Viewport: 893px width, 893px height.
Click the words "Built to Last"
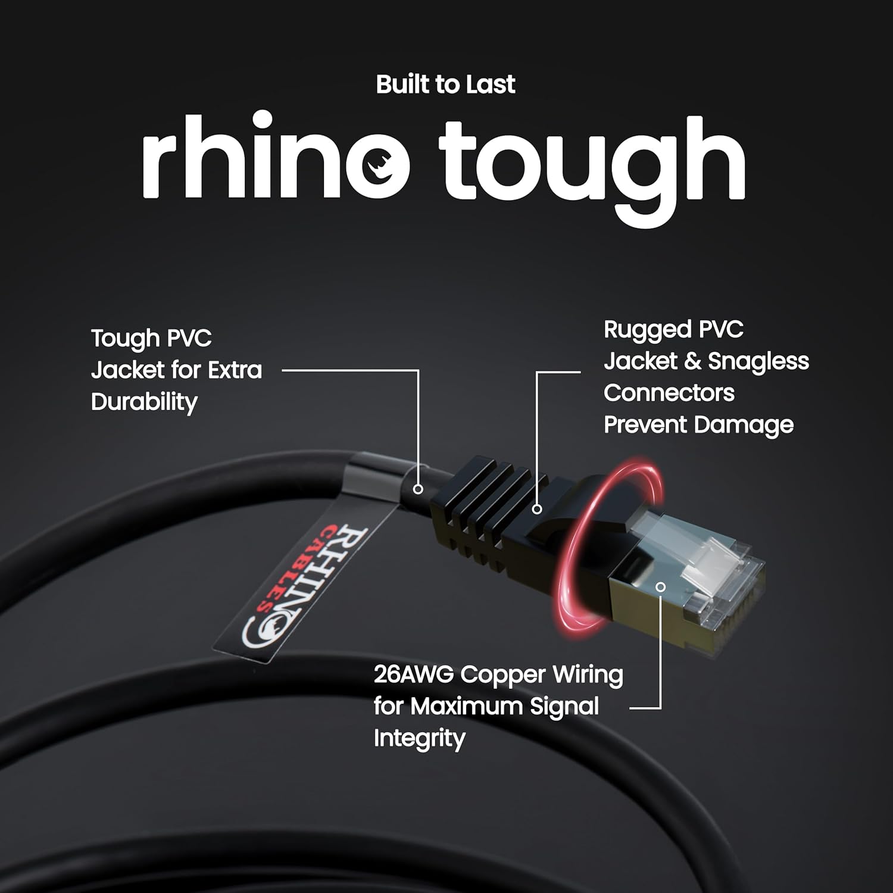(x=445, y=85)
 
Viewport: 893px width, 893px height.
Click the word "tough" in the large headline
(x=592, y=164)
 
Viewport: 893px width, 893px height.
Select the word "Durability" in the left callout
(x=144, y=402)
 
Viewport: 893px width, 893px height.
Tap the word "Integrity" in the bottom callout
(x=419, y=739)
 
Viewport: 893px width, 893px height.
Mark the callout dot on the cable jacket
(x=418, y=489)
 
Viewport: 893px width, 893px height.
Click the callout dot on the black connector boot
(x=537, y=509)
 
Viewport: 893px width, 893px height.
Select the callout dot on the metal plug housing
(x=660, y=587)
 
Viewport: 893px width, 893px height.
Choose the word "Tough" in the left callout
(x=125, y=339)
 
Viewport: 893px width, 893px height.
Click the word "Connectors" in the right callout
(x=669, y=393)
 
